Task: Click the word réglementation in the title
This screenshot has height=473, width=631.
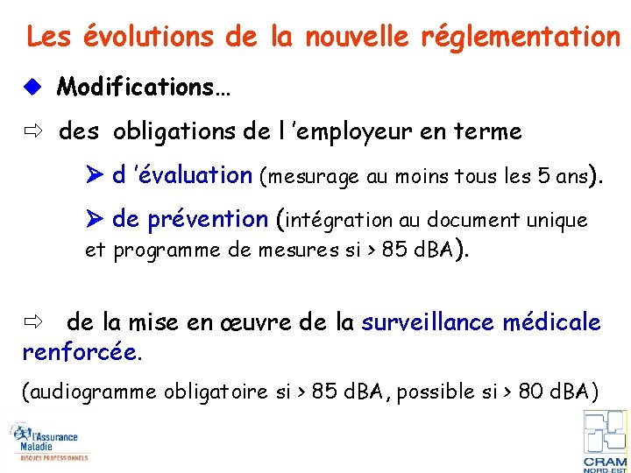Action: [521, 37]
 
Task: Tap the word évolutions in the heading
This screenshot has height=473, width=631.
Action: [147, 37]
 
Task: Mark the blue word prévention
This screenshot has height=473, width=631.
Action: [210, 219]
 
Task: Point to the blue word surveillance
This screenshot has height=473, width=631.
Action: [429, 322]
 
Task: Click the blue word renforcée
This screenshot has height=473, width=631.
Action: [81, 353]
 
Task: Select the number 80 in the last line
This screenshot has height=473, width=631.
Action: [531, 391]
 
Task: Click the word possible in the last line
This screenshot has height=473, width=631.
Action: [435, 392]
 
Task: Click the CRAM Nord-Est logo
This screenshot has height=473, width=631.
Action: [605, 441]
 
